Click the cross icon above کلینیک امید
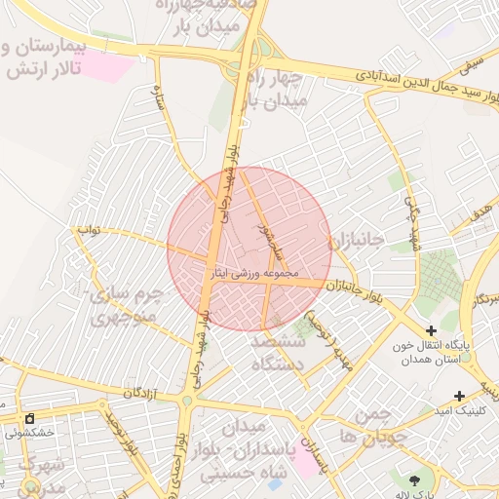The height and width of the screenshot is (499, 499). [459, 396]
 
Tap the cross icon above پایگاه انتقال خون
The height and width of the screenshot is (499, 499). [431, 331]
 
